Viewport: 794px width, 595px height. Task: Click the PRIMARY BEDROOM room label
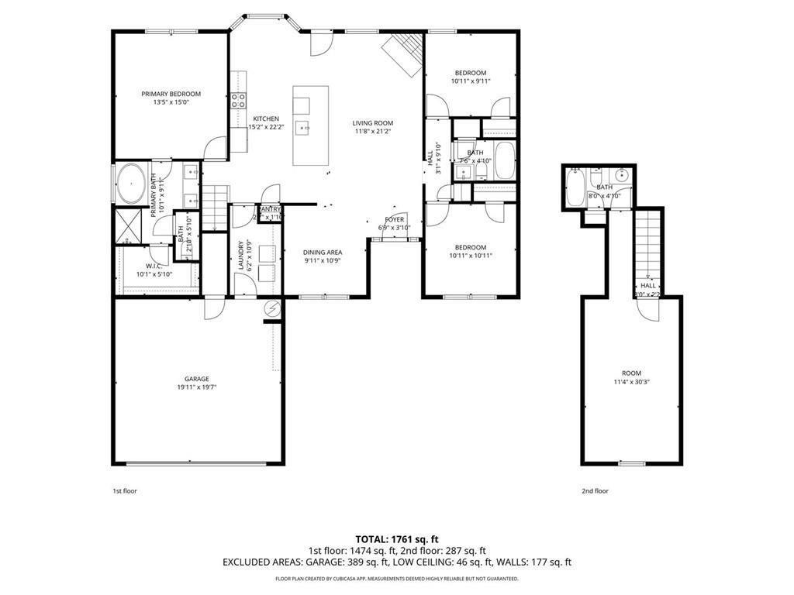171,94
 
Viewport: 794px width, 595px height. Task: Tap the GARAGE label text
196,379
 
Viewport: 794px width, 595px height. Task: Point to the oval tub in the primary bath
131,184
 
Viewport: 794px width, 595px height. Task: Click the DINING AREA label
322,252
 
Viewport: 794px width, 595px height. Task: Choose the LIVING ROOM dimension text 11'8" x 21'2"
372,131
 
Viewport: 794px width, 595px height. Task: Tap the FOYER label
395,219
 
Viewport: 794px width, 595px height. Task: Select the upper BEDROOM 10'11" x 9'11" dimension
471,81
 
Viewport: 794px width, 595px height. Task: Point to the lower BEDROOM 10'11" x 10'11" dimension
471,256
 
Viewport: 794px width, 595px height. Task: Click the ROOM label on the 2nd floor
632,373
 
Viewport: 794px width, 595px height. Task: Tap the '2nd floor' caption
595,490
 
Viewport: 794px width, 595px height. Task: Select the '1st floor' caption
125,490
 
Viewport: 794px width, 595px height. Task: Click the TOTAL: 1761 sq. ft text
397,539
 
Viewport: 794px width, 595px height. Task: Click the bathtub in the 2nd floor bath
576,189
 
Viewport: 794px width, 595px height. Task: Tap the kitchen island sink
306,126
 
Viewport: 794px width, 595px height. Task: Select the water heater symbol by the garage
272,309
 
